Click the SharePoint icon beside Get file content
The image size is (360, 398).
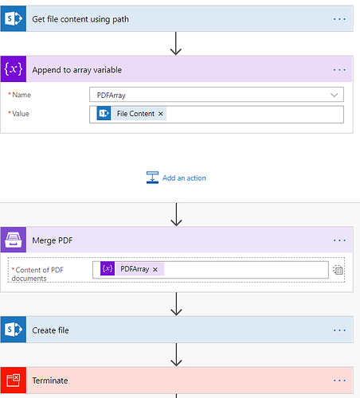click(14, 19)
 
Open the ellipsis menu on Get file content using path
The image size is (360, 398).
click(339, 19)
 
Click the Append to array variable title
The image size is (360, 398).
click(77, 70)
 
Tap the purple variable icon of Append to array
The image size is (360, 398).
click(14, 69)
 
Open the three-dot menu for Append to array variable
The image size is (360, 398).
click(339, 70)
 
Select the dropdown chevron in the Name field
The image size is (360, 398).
click(334, 95)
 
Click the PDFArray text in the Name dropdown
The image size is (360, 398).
click(112, 96)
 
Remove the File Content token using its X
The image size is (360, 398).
click(161, 114)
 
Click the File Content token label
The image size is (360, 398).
click(135, 114)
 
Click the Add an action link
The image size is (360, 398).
click(184, 178)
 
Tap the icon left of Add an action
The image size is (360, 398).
click(152, 178)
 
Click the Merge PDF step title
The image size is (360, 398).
click(53, 240)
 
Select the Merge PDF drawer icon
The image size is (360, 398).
click(14, 240)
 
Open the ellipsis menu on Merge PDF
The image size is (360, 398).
click(339, 240)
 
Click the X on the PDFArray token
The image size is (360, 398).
click(155, 270)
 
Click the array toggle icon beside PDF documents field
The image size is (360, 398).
click(338, 270)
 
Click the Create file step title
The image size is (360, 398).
click(50, 330)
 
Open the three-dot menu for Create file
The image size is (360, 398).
click(339, 330)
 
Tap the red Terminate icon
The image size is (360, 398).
click(14, 380)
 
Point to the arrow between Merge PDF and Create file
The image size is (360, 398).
click(176, 304)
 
